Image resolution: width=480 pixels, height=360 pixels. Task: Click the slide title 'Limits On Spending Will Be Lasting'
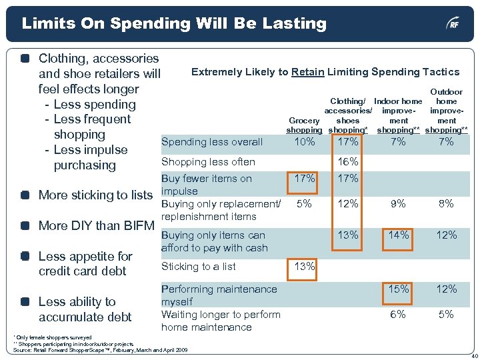pyautogui.click(x=174, y=24)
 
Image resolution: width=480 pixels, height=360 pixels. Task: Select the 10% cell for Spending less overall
pyautogui.click(x=304, y=142)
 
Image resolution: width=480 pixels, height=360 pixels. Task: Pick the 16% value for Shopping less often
pyautogui.click(x=348, y=162)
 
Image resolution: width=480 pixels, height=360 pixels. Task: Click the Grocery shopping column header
pyautogui.click(x=304, y=125)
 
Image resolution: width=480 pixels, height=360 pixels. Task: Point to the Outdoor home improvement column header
pyautogui.click(x=446, y=111)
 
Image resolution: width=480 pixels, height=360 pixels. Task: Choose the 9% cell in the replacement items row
pyautogui.click(x=398, y=205)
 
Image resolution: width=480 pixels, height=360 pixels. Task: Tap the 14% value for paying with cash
pyautogui.click(x=398, y=235)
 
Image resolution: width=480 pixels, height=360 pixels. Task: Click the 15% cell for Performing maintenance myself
pyautogui.click(x=398, y=289)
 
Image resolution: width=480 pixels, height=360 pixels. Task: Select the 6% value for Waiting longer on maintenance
pyautogui.click(x=398, y=315)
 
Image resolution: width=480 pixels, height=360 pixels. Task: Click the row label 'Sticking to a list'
pyautogui.click(x=199, y=267)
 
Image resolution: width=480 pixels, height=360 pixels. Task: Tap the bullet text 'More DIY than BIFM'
pyautogui.click(x=96, y=225)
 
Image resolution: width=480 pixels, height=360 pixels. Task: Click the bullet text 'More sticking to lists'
pyautogui.click(x=95, y=195)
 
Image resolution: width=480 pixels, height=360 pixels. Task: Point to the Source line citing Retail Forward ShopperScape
pyautogui.click(x=100, y=350)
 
